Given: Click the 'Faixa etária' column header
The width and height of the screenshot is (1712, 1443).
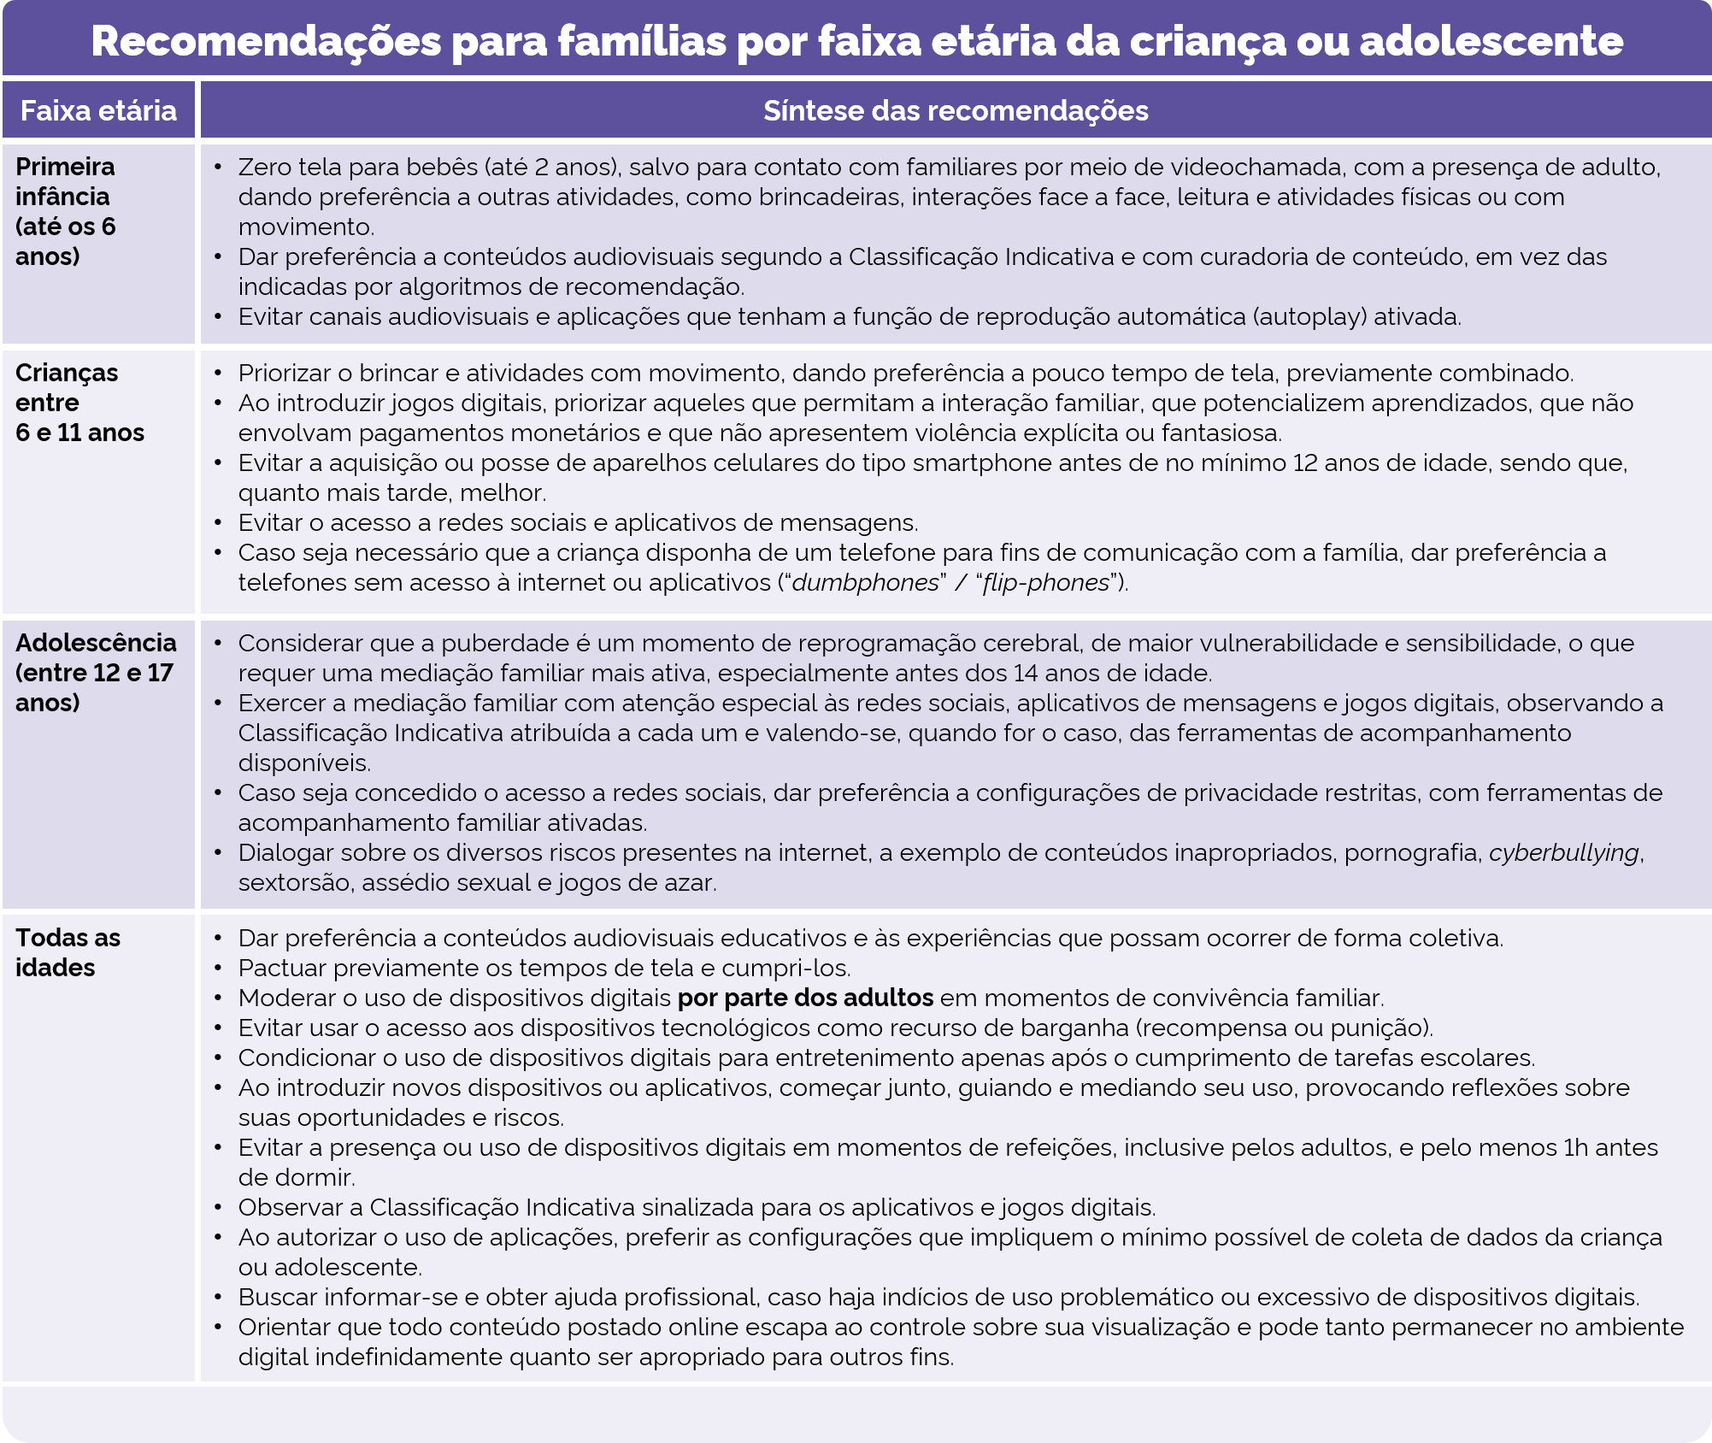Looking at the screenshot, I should click(98, 111).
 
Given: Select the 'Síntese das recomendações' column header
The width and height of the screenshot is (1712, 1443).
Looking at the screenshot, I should click(955, 111).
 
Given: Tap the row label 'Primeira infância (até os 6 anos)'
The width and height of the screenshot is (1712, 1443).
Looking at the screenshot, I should click(65, 211).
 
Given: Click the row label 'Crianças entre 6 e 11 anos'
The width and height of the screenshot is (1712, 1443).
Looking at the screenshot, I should click(79, 403).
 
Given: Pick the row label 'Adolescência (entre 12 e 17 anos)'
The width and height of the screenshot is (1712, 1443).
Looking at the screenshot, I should click(95, 673).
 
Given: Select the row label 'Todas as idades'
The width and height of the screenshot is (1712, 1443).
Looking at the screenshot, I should click(68, 952).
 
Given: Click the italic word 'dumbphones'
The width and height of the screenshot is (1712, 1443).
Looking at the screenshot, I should click(865, 583).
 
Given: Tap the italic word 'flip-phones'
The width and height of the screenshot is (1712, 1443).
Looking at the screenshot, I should click(1045, 583).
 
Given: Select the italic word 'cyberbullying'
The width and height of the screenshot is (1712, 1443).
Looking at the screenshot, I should click(1563, 853).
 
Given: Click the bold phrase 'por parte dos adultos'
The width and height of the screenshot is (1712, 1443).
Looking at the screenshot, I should click(805, 998).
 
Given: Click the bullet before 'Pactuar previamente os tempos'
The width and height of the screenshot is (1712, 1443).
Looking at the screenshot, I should click(219, 969).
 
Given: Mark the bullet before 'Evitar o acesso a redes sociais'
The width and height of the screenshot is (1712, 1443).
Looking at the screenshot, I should click(219, 523).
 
